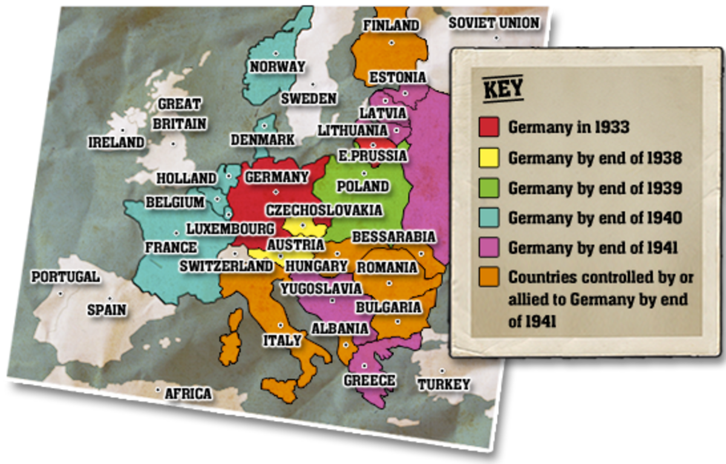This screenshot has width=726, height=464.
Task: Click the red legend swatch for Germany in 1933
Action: coord(489,127)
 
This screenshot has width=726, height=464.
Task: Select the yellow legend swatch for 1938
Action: coord(489,157)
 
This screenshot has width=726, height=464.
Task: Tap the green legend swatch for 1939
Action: coord(489,188)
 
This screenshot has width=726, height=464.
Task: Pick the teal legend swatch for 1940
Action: coord(489,217)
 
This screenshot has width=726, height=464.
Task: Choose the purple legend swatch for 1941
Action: coord(489,247)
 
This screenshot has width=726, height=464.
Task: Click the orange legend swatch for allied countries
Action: coord(489,277)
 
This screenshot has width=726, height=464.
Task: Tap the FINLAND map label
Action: coord(391,25)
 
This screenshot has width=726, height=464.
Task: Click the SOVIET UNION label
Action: coord(494,23)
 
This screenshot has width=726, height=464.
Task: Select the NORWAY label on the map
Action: coord(278,67)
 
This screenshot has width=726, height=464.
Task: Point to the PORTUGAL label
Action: coord(65,277)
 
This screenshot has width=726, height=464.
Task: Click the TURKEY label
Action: coord(443,384)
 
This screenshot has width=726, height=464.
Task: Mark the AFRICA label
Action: coord(188,394)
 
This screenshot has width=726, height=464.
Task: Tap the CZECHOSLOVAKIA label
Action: coord(325,210)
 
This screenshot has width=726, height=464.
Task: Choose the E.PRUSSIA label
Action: coord(373,156)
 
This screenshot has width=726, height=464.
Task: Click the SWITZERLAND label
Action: coord(226,266)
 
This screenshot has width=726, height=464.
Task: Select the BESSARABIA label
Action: coord(394,237)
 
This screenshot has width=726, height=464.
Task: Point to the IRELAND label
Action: coord(117,143)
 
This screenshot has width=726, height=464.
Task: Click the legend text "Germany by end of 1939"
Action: coord(595,188)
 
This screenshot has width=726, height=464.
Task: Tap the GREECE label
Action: coord(370,381)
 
